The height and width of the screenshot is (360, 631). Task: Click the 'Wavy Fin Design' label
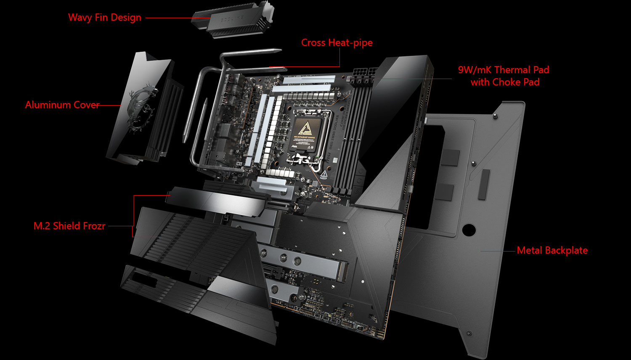click(x=104, y=18)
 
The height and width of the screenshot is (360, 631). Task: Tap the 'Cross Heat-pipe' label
click(x=337, y=43)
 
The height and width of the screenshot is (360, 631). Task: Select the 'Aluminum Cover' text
click(x=62, y=105)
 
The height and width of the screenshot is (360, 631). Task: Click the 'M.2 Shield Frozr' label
click(x=69, y=226)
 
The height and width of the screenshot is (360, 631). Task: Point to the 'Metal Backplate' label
click(x=552, y=250)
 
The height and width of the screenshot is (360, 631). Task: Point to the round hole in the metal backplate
click(x=469, y=230)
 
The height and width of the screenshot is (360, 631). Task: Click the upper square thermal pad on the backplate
click(x=450, y=157)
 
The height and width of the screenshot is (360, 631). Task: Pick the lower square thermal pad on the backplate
click(x=444, y=191)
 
